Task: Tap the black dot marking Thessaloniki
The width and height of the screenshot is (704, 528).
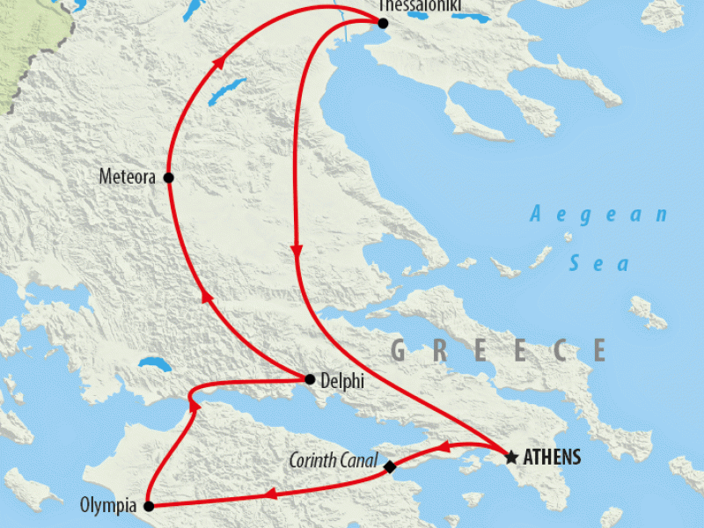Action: click(x=382, y=24)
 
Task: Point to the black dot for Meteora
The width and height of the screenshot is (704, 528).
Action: click(x=168, y=178)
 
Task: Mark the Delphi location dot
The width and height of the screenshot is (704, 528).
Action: click(x=309, y=379)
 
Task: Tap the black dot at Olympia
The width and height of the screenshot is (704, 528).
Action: click(x=149, y=506)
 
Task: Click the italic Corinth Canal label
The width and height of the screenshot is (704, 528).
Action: click(x=334, y=460)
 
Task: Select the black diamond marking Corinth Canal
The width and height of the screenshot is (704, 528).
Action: click(x=390, y=467)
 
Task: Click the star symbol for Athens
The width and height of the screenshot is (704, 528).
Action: click(x=510, y=457)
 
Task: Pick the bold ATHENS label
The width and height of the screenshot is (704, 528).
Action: click(x=553, y=458)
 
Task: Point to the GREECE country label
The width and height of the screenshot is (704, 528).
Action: click(x=498, y=350)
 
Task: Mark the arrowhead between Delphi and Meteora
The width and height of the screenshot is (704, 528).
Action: click(x=208, y=298)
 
